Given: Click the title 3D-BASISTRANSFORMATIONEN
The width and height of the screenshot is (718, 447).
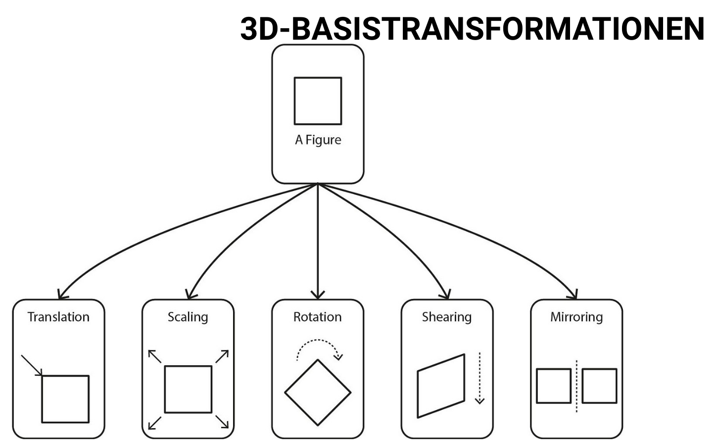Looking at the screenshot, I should pyautogui.click(x=472, y=28).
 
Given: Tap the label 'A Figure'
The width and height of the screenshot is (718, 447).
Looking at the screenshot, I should pyautogui.click(x=318, y=140).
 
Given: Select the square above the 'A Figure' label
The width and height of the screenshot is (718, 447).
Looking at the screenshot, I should pyautogui.click(x=318, y=100).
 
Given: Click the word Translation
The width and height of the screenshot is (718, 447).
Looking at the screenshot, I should pyautogui.click(x=58, y=317).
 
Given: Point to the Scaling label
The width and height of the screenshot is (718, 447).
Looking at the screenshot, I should pyautogui.click(x=188, y=317).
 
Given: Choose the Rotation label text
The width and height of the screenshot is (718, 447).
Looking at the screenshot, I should pyautogui.click(x=317, y=317).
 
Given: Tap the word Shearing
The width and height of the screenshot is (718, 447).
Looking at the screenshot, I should pyautogui.click(x=446, y=317).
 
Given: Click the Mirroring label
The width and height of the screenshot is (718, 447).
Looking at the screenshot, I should pyautogui.click(x=576, y=317).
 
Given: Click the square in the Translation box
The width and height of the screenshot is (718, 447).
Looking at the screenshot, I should pyautogui.click(x=65, y=399).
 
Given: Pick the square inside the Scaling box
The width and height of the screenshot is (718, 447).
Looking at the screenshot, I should pyautogui.click(x=188, y=389).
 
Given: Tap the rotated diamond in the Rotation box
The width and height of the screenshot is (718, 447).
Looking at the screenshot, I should pyautogui.click(x=318, y=393).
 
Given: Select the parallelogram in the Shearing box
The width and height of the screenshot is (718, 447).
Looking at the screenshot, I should pyautogui.click(x=441, y=386).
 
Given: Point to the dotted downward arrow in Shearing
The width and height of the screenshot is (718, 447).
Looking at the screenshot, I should pyautogui.click(x=479, y=378).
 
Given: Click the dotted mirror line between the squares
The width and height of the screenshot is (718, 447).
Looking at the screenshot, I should pyautogui.click(x=576, y=386).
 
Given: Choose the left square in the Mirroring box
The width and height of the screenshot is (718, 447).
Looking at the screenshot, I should pyautogui.click(x=554, y=386).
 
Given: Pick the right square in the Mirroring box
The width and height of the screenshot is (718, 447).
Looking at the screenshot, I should pyautogui.click(x=599, y=386).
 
